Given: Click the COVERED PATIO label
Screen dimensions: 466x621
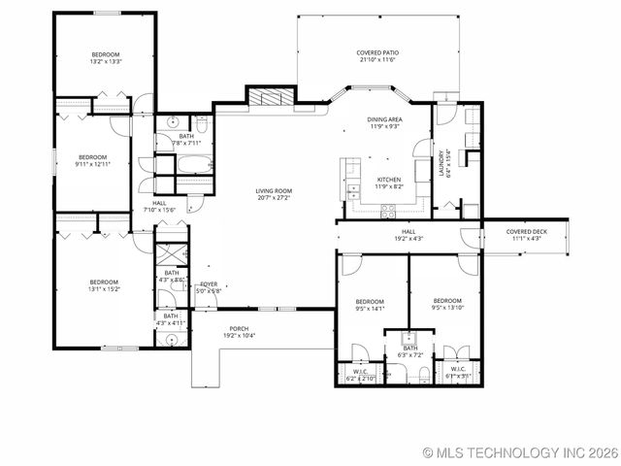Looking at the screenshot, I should coord(377,52).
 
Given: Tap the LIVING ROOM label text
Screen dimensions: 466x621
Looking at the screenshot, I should coord(275,191).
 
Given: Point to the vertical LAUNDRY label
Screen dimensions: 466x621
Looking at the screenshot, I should coord(442,160).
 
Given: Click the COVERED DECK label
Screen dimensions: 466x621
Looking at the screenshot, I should coord(527,232).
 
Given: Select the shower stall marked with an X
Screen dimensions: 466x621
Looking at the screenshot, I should coord(171,255).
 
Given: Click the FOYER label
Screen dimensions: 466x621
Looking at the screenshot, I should coord(209,284).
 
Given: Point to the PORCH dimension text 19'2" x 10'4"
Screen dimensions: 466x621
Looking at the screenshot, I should coord(239,335).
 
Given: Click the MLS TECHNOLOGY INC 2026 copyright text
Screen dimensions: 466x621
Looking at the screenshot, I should coord(519,453).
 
